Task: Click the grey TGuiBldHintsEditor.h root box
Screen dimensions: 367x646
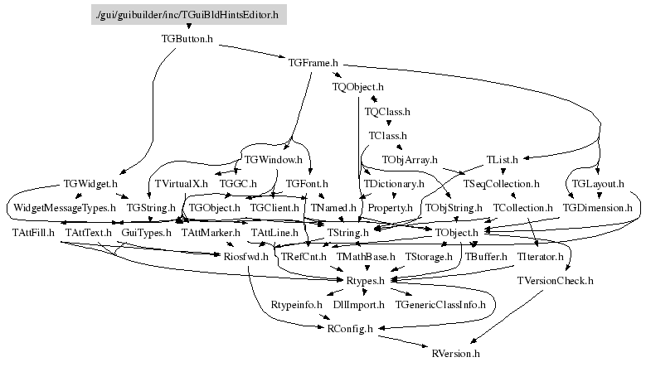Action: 188,14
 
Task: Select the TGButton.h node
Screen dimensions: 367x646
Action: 187,38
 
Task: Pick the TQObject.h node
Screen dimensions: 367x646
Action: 358,86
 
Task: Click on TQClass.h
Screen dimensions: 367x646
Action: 387,110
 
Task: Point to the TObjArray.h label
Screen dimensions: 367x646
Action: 409,158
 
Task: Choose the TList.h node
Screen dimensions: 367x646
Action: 503,158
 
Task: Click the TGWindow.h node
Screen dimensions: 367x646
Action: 272,158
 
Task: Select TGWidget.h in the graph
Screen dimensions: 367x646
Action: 90,183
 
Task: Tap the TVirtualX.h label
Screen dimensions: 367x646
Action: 181,183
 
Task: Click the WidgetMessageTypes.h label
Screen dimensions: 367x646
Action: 64,207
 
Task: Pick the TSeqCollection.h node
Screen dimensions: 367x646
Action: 502,183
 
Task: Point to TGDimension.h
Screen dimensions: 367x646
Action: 597,207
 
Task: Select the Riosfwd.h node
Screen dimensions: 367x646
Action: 246,258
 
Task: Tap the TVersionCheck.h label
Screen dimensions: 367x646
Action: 555,281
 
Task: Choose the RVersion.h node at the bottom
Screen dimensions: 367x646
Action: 456,354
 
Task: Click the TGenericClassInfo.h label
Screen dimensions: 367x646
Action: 440,306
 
